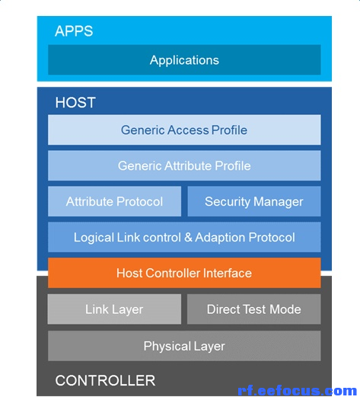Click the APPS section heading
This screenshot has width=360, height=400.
[74, 31]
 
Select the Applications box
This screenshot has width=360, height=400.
[184, 59]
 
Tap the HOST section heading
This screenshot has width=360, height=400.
[75, 103]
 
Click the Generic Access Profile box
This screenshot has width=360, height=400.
[184, 130]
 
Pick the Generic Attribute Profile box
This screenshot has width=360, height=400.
[184, 165]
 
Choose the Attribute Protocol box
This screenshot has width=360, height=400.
[114, 201]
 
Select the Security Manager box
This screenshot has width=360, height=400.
[254, 201]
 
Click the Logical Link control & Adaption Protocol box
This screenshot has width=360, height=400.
[184, 237]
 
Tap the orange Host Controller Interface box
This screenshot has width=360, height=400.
[184, 273]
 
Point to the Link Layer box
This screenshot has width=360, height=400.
[114, 309]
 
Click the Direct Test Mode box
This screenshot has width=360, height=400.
[254, 309]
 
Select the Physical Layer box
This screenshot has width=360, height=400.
[184, 346]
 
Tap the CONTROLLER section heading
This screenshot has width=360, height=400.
[105, 381]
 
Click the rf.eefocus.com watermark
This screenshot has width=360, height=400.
[297, 391]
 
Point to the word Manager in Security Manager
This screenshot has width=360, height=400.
[279, 202]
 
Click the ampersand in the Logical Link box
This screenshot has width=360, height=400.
[188, 237]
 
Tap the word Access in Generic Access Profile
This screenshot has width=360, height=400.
[188, 130]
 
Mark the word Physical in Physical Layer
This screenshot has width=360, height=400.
[167, 347]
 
